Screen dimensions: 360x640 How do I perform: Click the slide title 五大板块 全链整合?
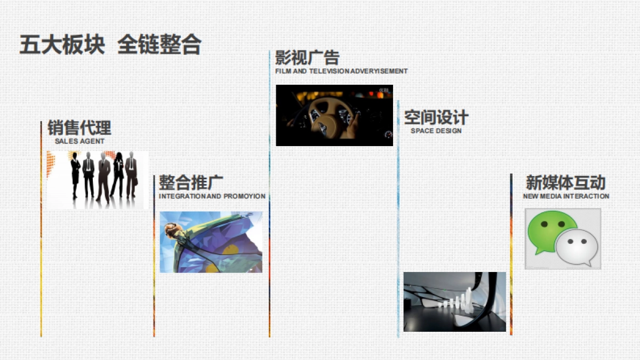(110, 45)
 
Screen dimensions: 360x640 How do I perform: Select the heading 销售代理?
(79, 128)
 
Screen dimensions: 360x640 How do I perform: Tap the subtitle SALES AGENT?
(79, 141)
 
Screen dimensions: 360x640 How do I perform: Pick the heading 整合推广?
(191, 183)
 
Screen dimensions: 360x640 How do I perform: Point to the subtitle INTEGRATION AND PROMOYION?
(212, 196)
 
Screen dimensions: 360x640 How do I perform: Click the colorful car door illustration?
(211, 242)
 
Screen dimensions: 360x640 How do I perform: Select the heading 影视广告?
(307, 58)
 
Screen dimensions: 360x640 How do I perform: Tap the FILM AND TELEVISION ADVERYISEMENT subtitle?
(341, 71)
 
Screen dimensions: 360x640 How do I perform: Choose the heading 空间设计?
(436, 117)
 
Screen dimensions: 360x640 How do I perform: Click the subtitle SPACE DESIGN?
(436, 131)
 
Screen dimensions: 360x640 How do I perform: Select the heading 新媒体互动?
(565, 183)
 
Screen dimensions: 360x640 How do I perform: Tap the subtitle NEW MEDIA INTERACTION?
(566, 196)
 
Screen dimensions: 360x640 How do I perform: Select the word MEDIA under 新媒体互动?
(551, 196)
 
